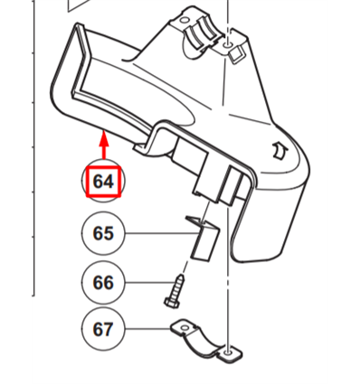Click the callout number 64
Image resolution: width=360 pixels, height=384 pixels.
coord(103,182)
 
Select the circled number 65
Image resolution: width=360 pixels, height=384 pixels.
coord(103,233)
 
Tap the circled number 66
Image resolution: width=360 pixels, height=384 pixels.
coord(103,283)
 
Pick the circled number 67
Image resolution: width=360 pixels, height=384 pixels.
coord(103,329)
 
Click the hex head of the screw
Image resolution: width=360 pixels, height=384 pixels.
coord(171,302)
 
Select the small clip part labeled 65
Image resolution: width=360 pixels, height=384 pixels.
coord(203,238)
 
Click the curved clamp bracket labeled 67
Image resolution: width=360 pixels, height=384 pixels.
coord(206,342)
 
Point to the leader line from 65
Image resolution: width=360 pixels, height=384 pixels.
coord(162,233)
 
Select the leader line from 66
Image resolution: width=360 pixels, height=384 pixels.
coord(149,283)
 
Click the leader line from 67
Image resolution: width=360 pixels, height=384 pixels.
coord(148,329)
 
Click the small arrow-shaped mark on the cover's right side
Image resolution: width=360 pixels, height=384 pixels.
coord(280,150)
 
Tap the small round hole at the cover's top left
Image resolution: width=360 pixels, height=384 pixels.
coord(183,22)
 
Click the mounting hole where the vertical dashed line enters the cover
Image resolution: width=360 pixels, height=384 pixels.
coord(228,46)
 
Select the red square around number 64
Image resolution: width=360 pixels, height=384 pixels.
coord(103,182)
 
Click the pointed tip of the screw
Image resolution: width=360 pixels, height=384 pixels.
coord(181,275)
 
